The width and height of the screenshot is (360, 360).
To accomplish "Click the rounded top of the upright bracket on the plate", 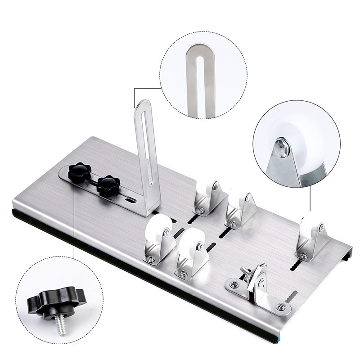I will pyautogui.click(x=143, y=106).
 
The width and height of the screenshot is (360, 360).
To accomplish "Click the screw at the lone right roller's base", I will pyautogui.click(x=304, y=256).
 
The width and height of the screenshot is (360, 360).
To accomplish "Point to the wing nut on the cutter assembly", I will pyautogui.click(x=246, y=271).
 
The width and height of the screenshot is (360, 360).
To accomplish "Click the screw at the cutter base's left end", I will pyautogui.click(x=234, y=284).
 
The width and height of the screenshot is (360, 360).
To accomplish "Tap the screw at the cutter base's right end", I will pyautogui.click(x=281, y=306).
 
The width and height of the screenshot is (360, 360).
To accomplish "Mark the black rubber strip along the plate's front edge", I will pyautogui.click(x=135, y=274).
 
